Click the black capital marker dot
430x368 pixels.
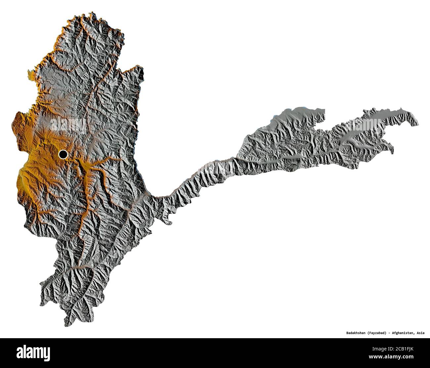[63, 154]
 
